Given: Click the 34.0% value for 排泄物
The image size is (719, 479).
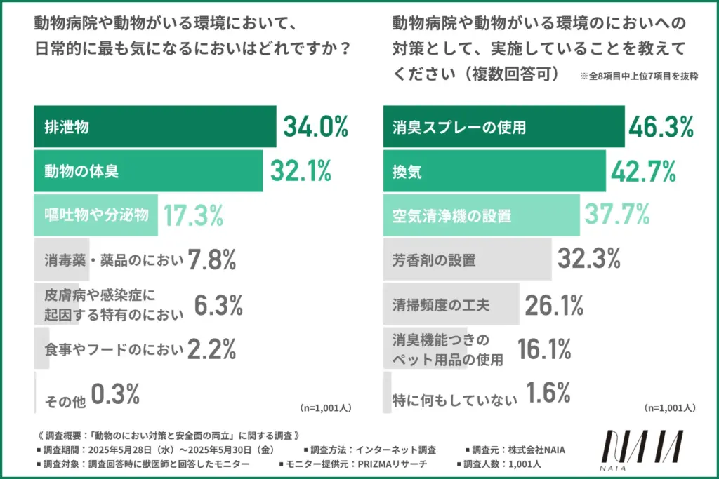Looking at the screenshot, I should pos(315,127).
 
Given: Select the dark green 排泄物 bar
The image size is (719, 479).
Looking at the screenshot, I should pos(154,128).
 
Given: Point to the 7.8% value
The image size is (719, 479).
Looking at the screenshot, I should pos(211,260).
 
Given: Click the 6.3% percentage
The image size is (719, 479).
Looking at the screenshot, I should pos(219,304).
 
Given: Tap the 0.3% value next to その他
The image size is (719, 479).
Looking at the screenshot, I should pos(117,396).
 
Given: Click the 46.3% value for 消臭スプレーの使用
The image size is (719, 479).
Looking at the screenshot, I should pos(660,127).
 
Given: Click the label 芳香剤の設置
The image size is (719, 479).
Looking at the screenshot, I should pos(433,260).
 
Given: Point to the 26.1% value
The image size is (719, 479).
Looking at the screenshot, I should pos(555,304).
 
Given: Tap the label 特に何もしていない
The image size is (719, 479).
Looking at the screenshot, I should pos(454,399).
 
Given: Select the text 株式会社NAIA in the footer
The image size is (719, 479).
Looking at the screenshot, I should pos(541,449).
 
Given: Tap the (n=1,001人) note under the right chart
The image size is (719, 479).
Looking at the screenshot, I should pos(670,407).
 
